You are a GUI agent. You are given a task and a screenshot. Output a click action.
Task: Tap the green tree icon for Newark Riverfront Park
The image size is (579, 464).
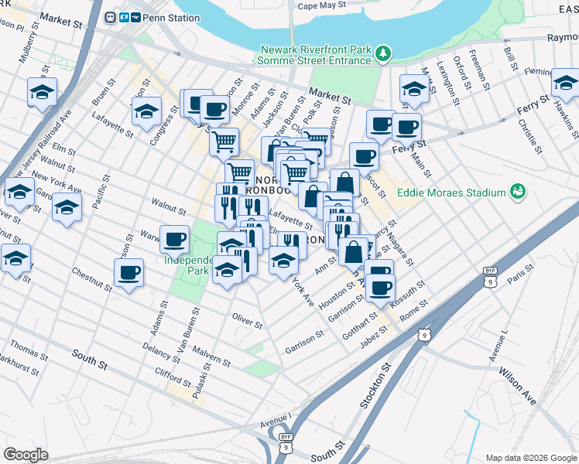click(382, 53)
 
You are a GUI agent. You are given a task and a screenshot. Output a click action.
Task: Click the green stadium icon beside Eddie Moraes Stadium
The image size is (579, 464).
click(517, 192)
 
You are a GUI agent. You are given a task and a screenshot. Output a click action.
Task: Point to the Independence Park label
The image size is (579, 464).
click(187, 265)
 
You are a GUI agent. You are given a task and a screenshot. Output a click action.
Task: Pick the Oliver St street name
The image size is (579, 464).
click(248, 316)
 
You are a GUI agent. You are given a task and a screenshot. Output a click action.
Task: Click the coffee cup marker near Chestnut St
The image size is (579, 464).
click(128, 271)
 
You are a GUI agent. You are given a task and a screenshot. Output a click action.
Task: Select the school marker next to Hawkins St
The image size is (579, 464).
click(564, 82)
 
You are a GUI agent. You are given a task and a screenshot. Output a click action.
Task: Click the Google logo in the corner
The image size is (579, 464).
click(26, 455)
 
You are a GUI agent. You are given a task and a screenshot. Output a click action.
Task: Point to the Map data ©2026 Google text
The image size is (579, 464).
click(530, 458)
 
